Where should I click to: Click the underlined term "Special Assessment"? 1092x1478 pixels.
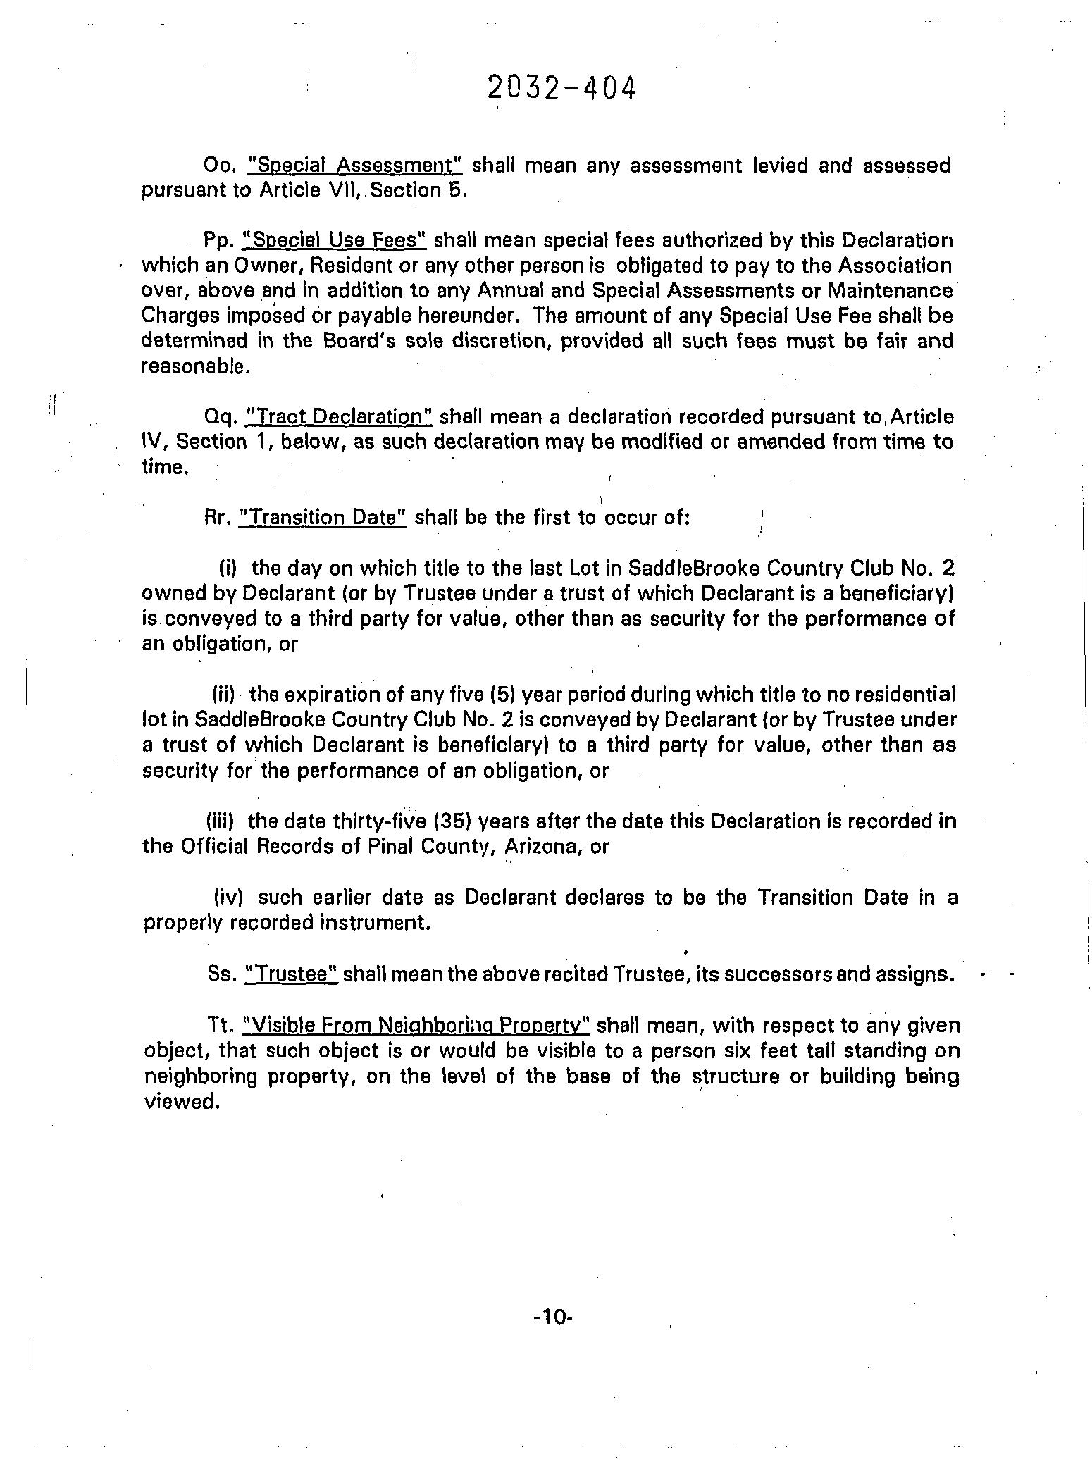(x=354, y=166)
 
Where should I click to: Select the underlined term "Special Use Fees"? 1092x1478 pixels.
(x=333, y=241)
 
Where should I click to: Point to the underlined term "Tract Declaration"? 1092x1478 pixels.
(x=337, y=417)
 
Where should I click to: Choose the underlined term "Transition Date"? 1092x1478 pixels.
(x=323, y=518)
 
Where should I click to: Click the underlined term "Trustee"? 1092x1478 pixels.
(x=292, y=974)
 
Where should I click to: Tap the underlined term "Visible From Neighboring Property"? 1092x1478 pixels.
(x=415, y=1026)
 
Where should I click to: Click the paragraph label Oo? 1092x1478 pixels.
(x=217, y=166)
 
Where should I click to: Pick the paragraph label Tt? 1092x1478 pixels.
(x=220, y=1026)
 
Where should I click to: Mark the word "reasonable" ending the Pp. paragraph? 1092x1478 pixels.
(x=194, y=367)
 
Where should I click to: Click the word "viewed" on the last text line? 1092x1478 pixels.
(x=178, y=1102)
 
